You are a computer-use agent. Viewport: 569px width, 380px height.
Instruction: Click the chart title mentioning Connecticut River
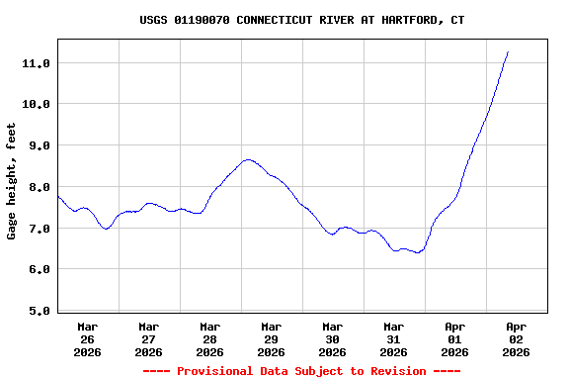301,20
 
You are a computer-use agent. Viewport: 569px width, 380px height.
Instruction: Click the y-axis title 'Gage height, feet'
12,181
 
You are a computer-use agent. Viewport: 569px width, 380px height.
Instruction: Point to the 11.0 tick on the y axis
36,63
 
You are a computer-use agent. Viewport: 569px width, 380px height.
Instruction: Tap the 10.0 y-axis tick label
36,104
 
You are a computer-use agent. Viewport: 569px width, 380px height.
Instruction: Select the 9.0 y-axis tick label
36,145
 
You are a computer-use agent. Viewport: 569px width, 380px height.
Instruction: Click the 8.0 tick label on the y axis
36,187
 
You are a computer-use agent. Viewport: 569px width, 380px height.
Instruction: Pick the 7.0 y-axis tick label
36,229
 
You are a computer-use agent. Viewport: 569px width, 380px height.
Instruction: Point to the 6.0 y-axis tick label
36,269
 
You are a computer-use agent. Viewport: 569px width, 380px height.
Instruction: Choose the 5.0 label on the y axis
36,311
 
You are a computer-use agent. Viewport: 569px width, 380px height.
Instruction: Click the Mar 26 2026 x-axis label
88,338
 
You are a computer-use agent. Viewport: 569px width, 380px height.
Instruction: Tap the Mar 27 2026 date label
149,338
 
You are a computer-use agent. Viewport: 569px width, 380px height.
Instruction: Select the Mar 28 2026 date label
210,338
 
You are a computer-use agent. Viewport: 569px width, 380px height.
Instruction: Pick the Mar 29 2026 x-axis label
272,338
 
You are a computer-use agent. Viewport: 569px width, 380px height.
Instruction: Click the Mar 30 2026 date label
333,338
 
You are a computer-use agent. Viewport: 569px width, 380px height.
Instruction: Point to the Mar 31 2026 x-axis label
394,338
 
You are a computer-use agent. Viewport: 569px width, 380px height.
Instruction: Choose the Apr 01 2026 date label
455,338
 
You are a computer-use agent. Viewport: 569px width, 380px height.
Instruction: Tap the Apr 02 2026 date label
517,338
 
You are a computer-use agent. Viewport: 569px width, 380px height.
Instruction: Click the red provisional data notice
301,371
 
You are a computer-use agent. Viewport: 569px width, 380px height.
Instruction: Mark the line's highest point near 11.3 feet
508,51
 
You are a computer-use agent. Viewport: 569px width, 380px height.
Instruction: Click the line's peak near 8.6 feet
248,159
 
